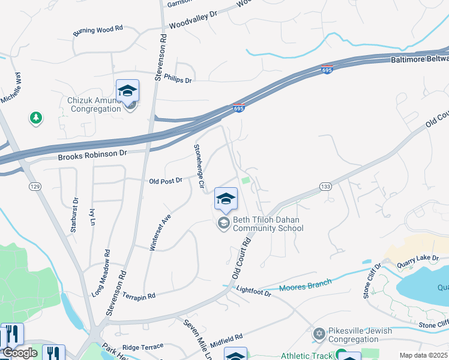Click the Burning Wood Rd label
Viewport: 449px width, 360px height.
(x=98, y=30)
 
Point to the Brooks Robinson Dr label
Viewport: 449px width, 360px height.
(x=93, y=155)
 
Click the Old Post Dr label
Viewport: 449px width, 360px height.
(x=165, y=180)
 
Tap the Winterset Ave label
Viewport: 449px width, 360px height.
(x=160, y=230)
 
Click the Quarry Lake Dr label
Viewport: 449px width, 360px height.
(x=418, y=259)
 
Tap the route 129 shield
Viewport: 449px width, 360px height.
(x=35, y=187)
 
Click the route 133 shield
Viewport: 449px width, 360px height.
(x=325, y=187)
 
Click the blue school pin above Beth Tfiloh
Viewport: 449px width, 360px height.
(x=226, y=199)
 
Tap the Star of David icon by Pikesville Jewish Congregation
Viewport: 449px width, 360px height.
(x=319, y=332)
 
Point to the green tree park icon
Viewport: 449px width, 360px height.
(x=36, y=118)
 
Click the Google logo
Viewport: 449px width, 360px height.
(x=20, y=353)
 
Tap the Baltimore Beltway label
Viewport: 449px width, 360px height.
(x=420, y=59)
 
